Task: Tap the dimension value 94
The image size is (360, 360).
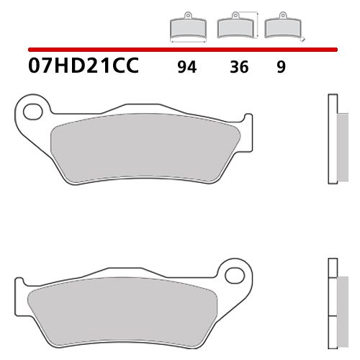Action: (x=186, y=68)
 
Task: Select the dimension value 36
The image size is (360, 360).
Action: (x=240, y=68)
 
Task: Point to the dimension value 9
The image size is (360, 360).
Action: (x=281, y=68)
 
